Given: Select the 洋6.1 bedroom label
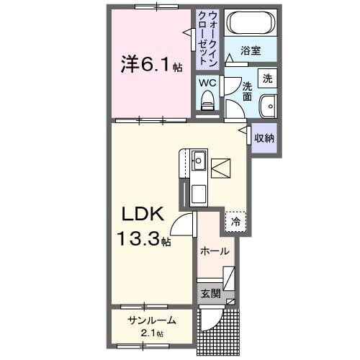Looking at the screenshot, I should [x=150, y=65].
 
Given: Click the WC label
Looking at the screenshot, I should [x=207, y=83].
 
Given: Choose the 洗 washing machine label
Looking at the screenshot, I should [x=267, y=78].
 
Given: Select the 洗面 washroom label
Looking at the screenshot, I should [x=247, y=89].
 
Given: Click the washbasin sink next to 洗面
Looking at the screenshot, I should [x=269, y=104].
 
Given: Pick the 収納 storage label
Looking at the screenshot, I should [x=264, y=137].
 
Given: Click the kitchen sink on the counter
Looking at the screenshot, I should [x=199, y=160].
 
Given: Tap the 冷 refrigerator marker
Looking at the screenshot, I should [x=235, y=222].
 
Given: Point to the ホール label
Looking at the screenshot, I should [x=215, y=251].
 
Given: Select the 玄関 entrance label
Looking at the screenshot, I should [x=210, y=293].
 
